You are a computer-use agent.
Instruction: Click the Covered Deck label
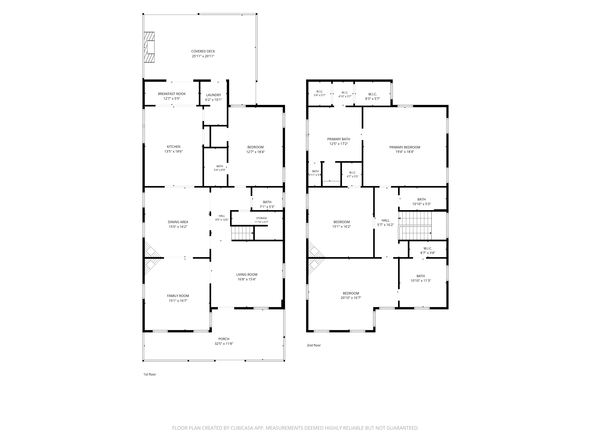pos(203,51)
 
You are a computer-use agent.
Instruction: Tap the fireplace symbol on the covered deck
pos(149,47)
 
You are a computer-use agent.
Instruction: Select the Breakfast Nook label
pos(172,94)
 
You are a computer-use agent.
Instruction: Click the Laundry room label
pos(213,95)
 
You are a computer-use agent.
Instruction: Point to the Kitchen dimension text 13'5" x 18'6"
pos(174,151)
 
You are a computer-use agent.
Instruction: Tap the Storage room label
pos(261,218)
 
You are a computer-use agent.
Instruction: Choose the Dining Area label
pos(178,222)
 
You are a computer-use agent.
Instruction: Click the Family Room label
pos(178,296)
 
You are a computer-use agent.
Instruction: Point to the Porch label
pos(224,339)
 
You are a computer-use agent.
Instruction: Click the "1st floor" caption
pos(150,374)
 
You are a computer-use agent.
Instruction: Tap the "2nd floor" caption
pos(314,345)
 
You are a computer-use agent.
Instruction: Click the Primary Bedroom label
pos(405,147)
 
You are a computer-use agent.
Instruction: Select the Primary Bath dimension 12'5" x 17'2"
pos(338,144)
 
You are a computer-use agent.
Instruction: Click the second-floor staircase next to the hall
pos(415,226)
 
